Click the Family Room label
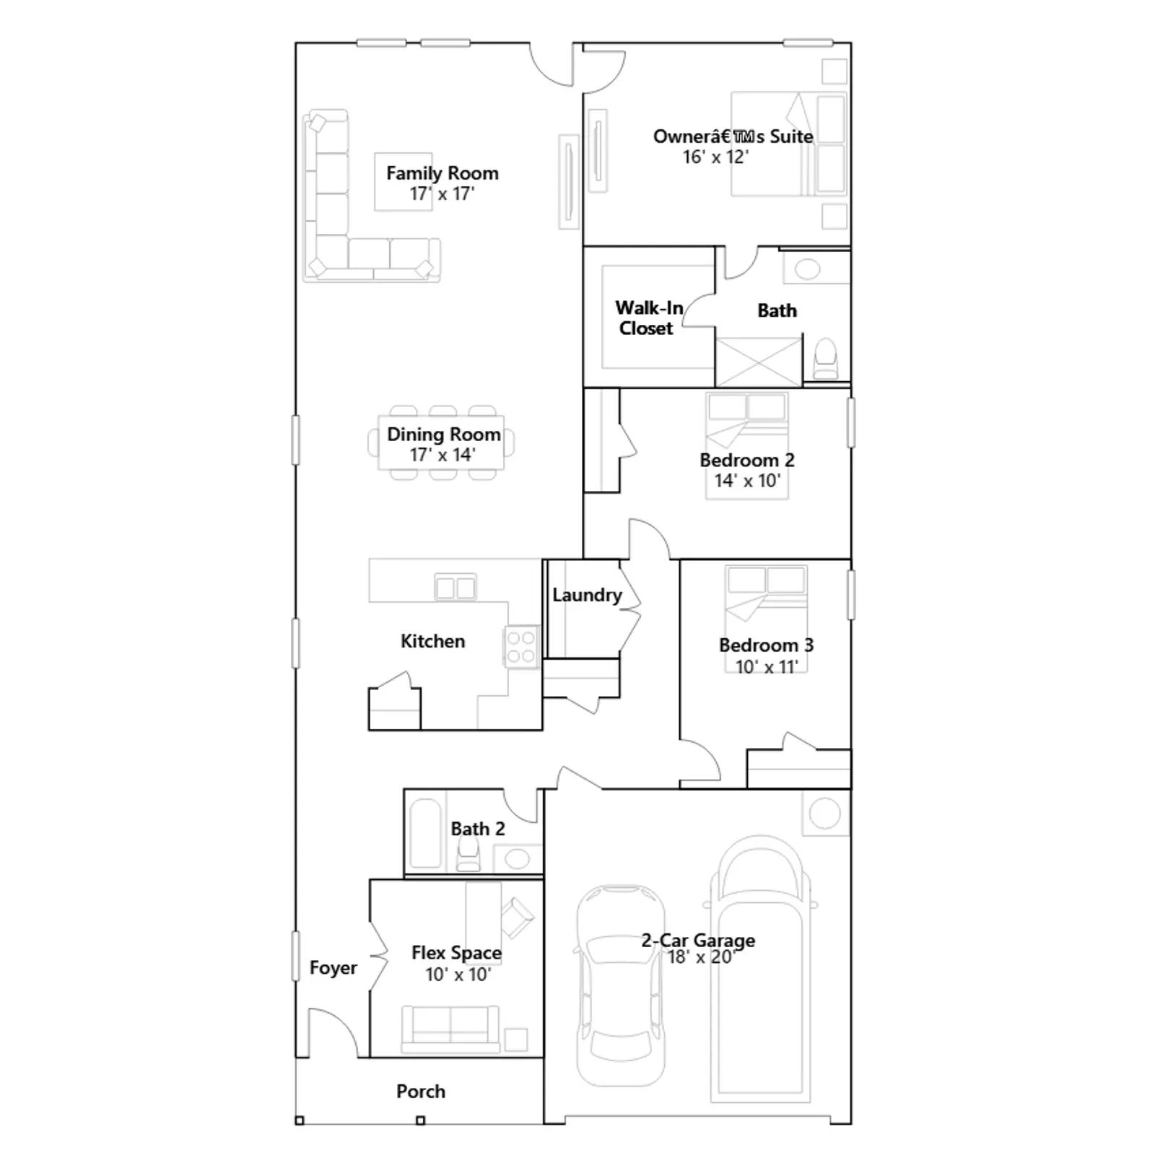442,173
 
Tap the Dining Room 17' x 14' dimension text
442,455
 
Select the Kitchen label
432,641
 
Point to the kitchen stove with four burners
521,647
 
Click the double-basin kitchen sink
456,588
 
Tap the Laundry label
587,595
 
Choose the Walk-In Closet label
648,318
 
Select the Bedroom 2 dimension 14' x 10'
747,481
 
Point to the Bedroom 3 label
766,645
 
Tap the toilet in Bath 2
468,855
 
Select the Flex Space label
456,953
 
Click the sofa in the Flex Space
450,1029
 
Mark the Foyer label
333,968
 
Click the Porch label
420,1091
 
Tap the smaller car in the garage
621,986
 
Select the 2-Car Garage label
698,941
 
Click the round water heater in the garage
825,814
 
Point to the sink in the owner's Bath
807,269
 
